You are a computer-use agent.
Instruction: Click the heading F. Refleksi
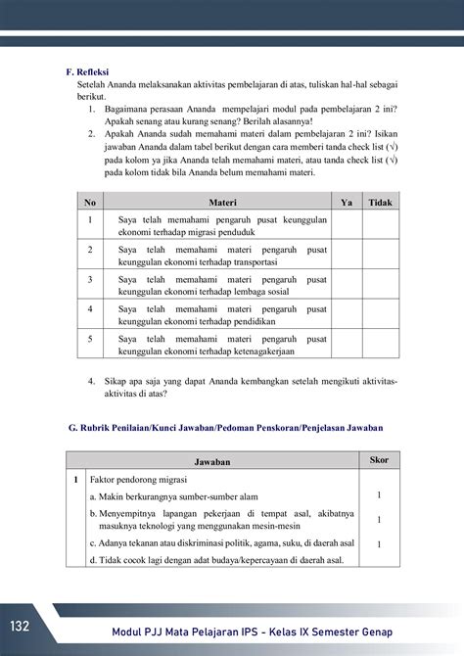pos(86,71)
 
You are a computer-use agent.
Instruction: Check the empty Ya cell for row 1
pos(346,226)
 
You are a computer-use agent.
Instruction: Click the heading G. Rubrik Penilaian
pos(225,428)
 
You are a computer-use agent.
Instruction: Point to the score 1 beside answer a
pos(379,495)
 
